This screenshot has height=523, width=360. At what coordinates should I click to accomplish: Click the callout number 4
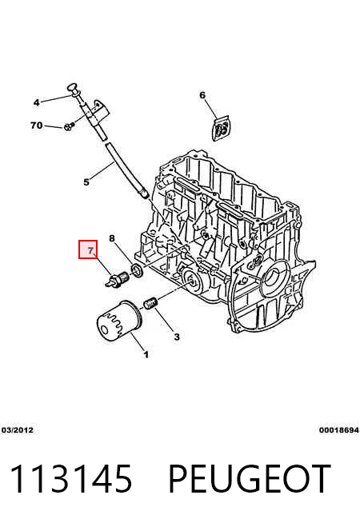36,102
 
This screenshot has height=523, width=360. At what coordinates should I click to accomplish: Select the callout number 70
36,126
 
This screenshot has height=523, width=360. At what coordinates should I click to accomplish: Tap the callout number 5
86,182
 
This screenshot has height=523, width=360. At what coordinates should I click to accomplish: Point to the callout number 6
202,95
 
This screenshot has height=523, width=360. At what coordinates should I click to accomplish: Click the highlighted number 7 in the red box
90,250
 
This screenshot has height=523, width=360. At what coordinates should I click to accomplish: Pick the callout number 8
112,238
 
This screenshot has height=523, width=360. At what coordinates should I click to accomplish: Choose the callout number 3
177,337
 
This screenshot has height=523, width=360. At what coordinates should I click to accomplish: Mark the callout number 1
146,354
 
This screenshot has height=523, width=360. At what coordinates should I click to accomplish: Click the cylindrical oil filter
119,321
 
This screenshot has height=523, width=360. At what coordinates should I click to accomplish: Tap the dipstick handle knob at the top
74,88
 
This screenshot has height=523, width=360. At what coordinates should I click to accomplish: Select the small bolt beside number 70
69,126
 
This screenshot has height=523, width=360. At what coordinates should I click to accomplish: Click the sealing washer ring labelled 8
137,270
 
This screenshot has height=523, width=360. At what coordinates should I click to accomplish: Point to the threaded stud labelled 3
151,304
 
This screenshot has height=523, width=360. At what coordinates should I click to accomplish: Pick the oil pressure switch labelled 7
117,279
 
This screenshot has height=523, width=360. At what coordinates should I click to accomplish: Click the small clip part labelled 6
222,128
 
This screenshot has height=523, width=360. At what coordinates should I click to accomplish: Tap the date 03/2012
18,430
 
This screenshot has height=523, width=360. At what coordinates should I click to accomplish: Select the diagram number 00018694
339,430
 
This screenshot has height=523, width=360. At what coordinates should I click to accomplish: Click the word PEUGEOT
250,479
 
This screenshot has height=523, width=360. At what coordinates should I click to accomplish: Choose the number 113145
71,479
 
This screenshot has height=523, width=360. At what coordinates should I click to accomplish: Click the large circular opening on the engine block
275,277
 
